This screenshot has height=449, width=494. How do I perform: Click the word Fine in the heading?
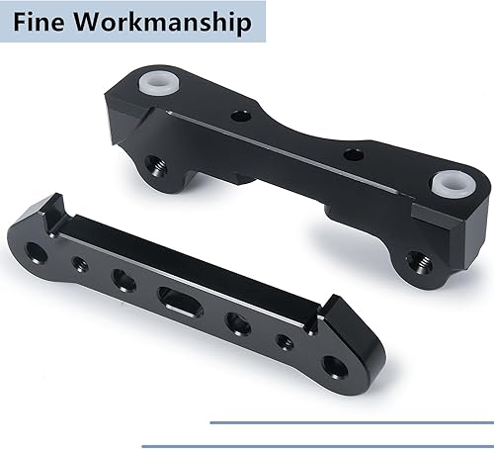tap(43, 22)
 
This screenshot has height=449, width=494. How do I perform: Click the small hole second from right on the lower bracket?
tap(282, 342)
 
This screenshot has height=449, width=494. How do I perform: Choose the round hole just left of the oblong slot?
tap(123, 281)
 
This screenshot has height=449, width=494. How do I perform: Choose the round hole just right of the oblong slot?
tap(235, 323)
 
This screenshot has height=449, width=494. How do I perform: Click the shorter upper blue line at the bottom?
tap(351, 422)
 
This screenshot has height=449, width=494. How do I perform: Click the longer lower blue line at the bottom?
tap(316, 445)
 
